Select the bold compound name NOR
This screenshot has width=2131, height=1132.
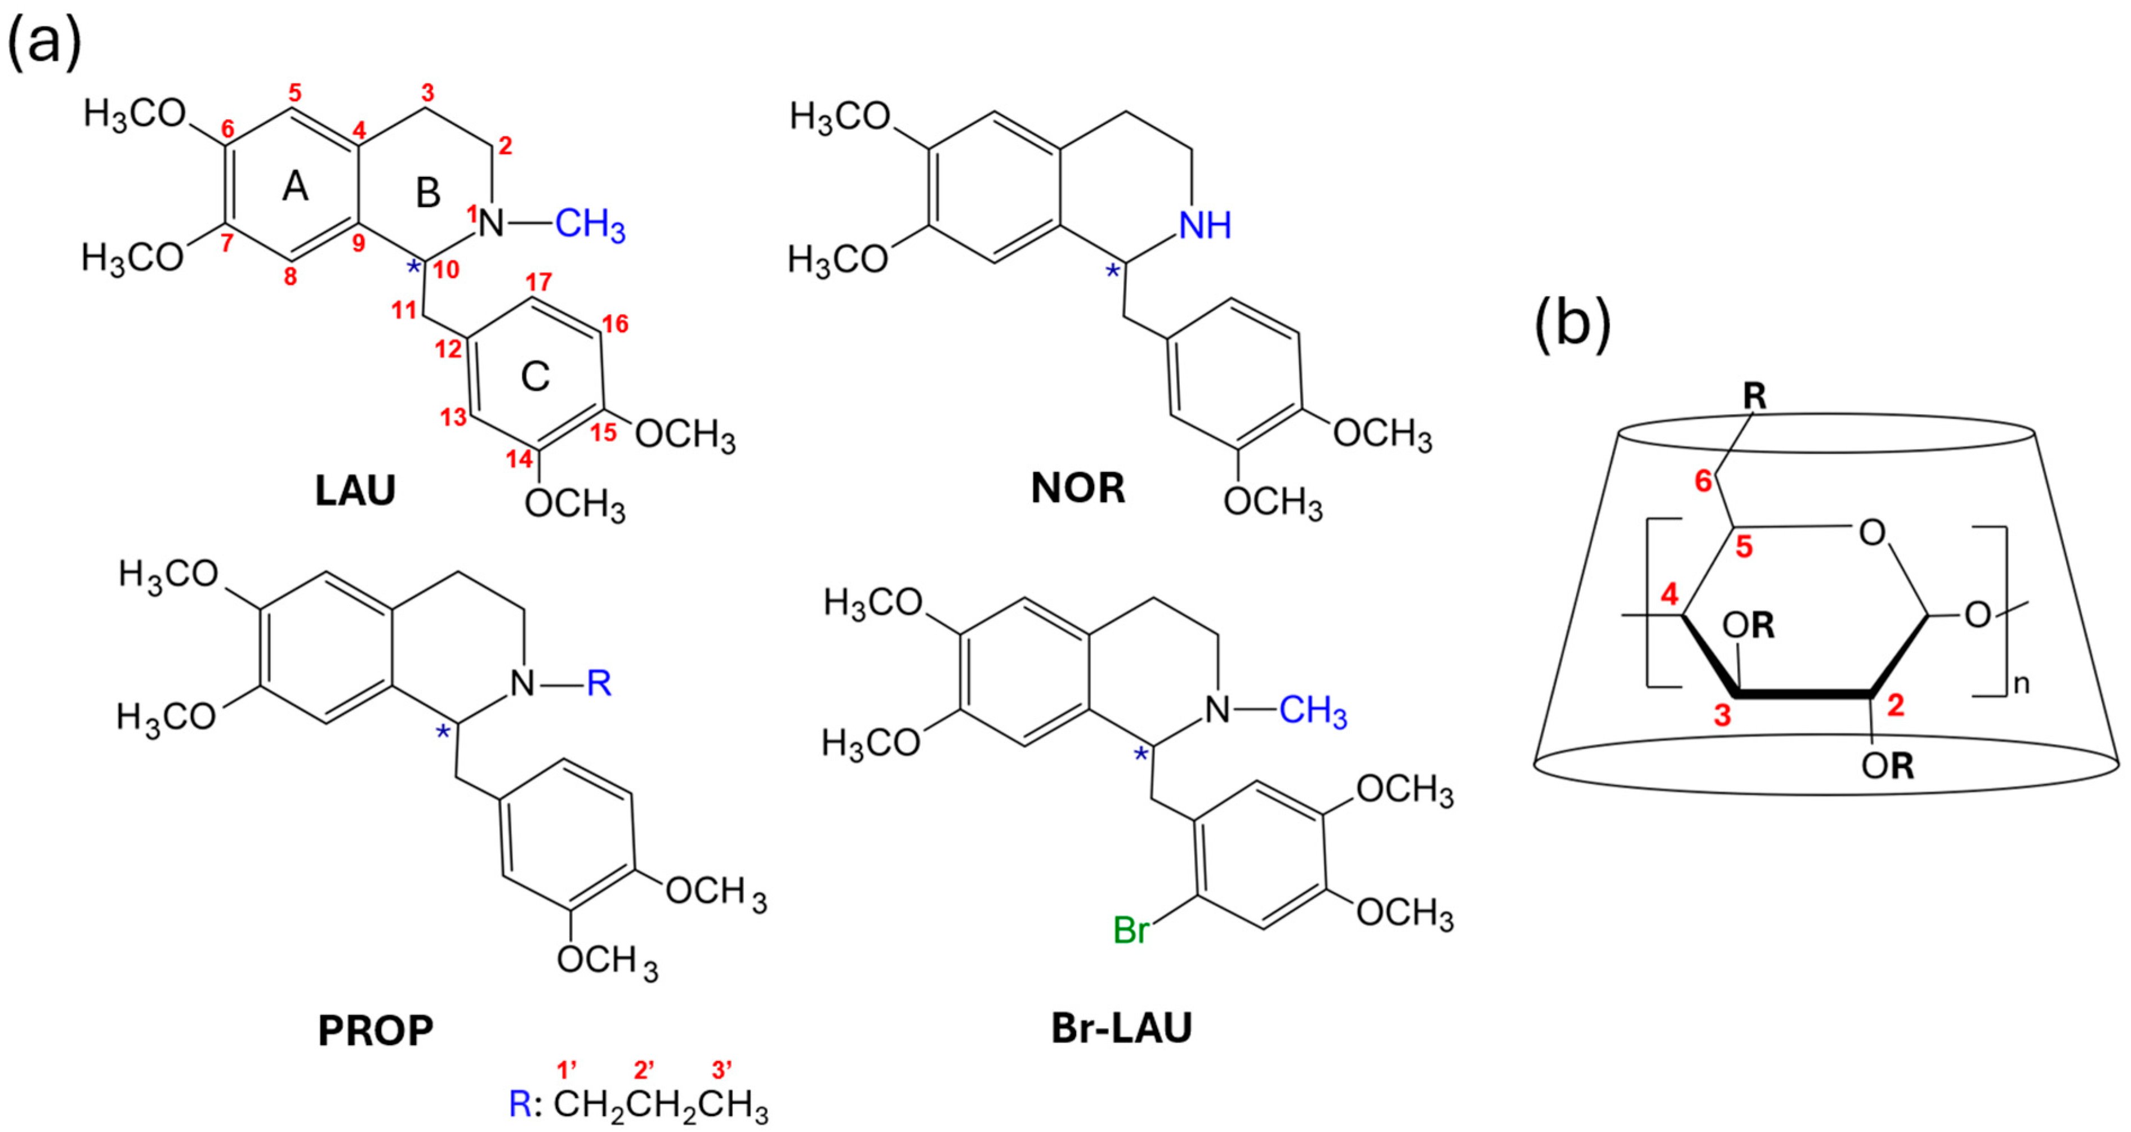[1078, 489]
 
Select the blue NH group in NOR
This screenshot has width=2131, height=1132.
[1205, 226]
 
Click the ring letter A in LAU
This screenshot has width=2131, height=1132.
[295, 187]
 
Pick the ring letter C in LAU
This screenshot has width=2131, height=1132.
[535, 377]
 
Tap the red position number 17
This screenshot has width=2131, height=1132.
[538, 283]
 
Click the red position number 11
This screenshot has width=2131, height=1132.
[404, 311]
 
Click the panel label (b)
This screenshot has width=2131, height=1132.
[1572, 324]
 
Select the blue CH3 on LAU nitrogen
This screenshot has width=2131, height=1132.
[590, 225]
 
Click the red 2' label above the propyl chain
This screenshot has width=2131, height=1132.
[644, 1071]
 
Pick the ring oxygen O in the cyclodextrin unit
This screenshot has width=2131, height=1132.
[1872, 533]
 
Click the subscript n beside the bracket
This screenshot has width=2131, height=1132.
[2021, 686]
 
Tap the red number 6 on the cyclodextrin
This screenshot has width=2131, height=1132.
[1704, 481]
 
